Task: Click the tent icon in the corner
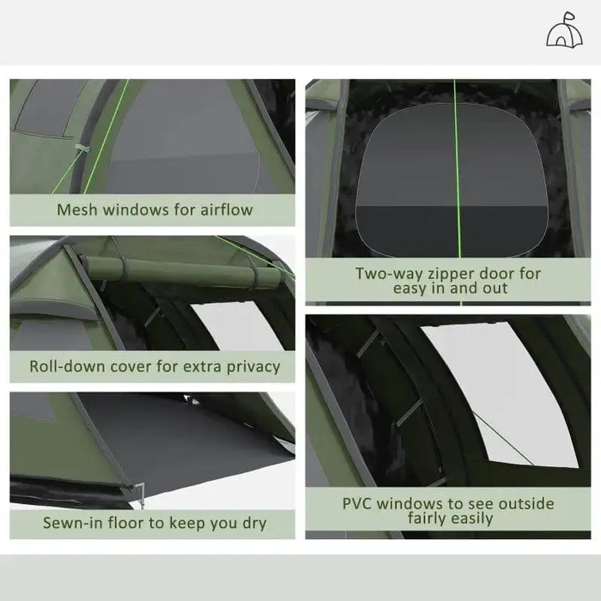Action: click(x=562, y=31)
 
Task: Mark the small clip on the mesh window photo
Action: click(x=81, y=150)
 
